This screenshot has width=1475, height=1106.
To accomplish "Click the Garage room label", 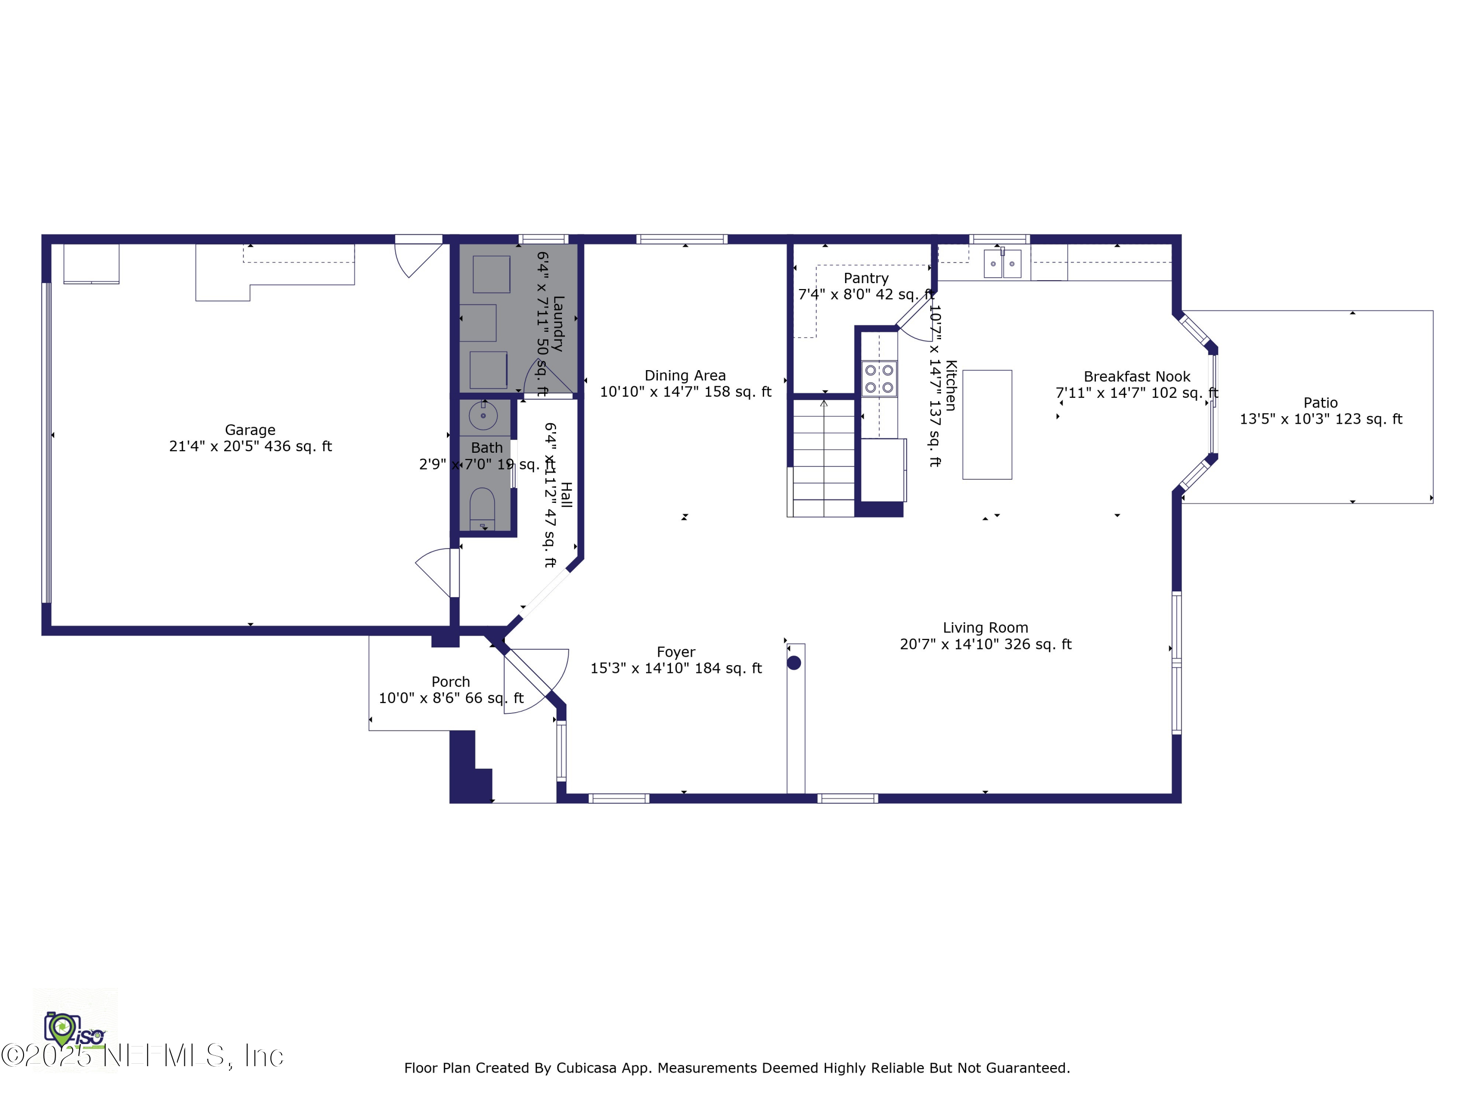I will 250,430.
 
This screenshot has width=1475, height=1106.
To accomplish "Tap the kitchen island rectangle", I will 987,425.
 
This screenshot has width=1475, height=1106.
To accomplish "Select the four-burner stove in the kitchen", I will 879,378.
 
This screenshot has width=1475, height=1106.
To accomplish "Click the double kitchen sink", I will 1002,264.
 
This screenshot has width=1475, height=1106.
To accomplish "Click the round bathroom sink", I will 483,416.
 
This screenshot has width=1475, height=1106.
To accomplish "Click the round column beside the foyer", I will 794,663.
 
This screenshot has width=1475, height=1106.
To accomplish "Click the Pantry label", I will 865,278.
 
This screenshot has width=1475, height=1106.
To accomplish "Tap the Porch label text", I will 451,681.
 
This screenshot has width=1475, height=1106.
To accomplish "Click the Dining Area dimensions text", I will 685,392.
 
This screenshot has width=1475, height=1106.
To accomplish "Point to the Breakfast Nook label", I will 1136,377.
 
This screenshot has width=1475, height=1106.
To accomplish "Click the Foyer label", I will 676,652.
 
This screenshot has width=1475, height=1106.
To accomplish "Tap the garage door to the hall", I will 435,572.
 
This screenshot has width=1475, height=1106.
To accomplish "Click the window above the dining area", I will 681,239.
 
